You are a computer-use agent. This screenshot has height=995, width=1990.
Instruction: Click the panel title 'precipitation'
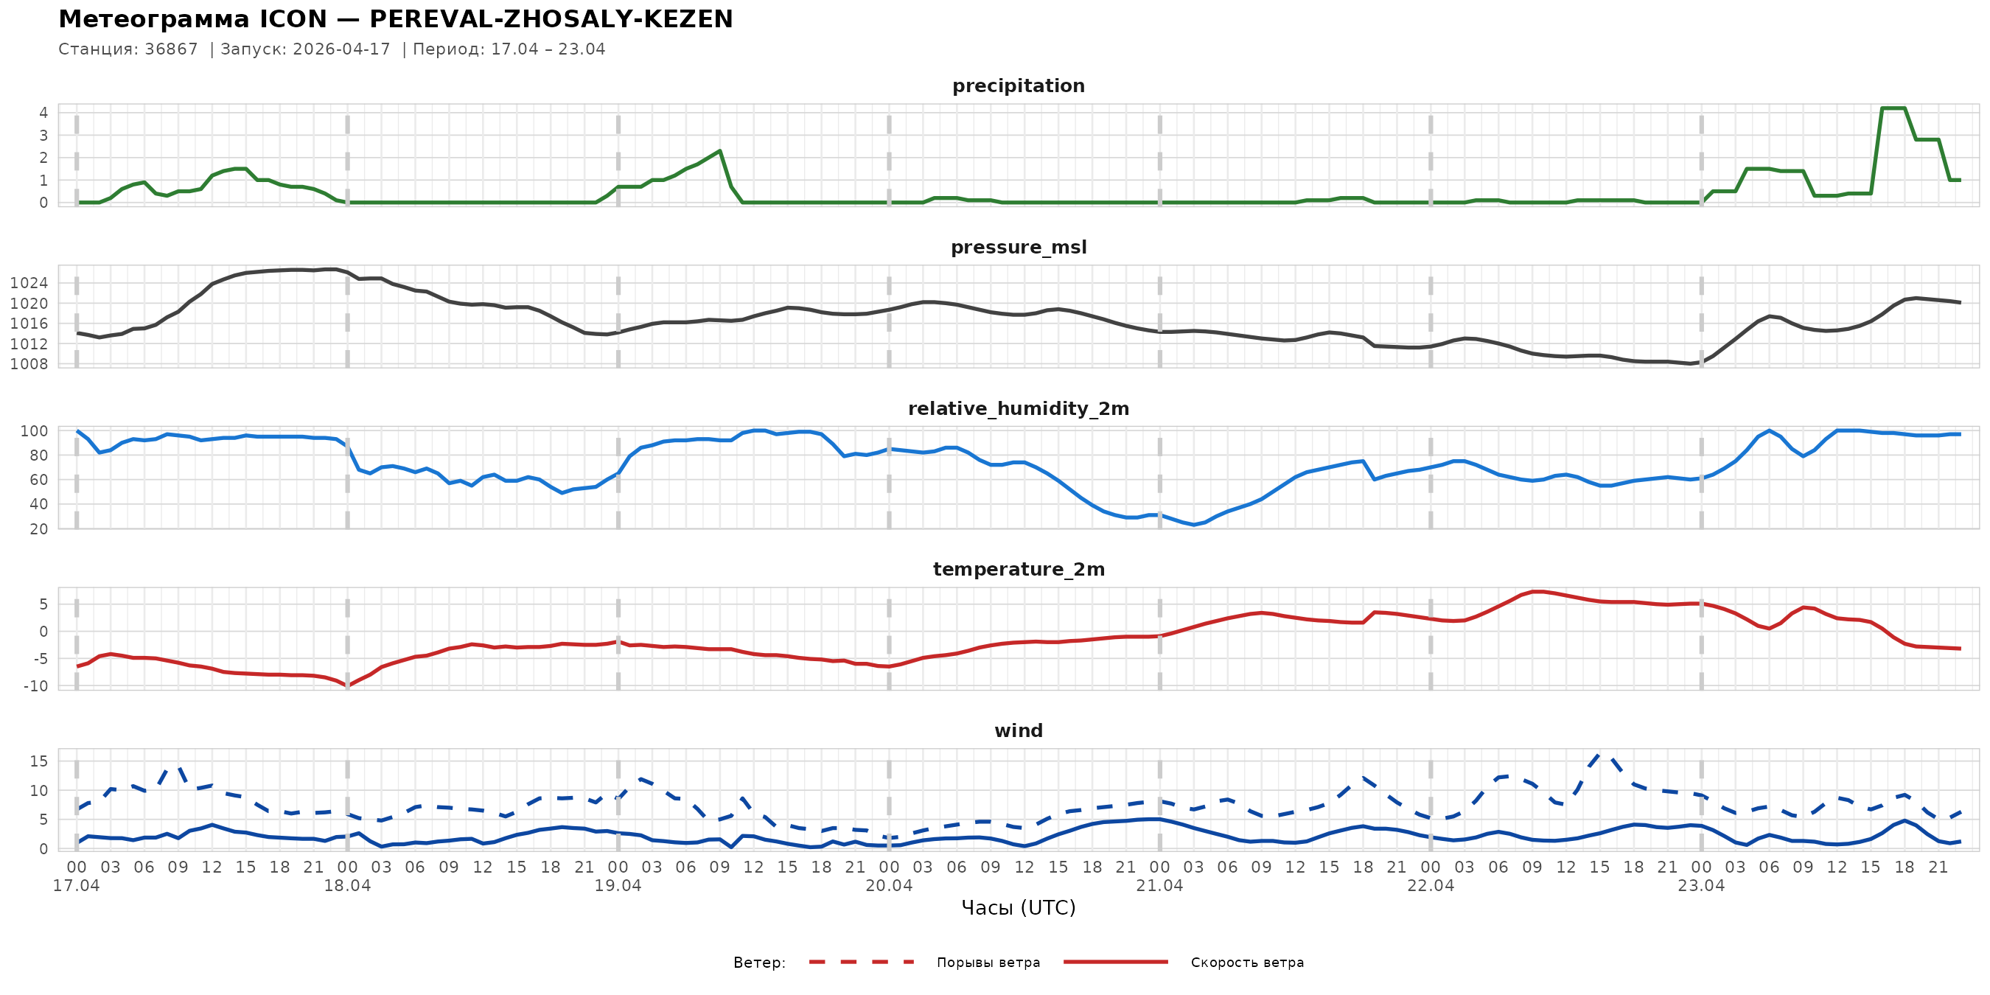[x=1018, y=85]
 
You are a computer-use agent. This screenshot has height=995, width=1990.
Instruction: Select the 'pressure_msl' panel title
[x=1018, y=247]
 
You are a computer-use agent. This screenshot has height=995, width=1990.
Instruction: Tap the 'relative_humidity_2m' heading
[x=1018, y=408]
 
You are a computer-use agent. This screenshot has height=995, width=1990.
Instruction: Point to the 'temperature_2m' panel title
[x=1018, y=569]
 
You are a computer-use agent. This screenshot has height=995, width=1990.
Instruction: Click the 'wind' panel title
[x=1018, y=731]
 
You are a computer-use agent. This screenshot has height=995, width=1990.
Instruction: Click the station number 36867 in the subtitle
[x=172, y=49]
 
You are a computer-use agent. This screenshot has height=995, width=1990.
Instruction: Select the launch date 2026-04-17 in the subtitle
[x=341, y=49]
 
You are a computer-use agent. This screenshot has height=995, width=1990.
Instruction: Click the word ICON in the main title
[x=293, y=19]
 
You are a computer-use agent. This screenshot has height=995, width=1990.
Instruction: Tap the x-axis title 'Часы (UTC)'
[x=1018, y=908]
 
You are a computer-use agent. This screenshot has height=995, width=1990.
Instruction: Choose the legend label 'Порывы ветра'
[x=988, y=963]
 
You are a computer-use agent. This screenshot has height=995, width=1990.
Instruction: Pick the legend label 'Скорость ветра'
[x=1247, y=963]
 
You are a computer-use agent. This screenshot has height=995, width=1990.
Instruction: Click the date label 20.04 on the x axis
[x=888, y=886]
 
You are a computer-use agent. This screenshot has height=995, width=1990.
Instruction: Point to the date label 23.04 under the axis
[x=1701, y=886]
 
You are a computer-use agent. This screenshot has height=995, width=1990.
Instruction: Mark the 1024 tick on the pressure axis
[x=29, y=283]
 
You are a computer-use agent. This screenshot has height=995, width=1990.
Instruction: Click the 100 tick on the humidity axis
[x=34, y=431]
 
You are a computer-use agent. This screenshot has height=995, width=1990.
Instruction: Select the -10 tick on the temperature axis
[x=35, y=686]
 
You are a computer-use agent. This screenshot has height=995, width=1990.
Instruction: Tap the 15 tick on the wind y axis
[x=38, y=761]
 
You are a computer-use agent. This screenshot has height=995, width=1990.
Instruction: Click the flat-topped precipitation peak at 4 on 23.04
[x=1893, y=108]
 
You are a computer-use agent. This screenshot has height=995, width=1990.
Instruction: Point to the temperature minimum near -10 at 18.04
[x=348, y=685]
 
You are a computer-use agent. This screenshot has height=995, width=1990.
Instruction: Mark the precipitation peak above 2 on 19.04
[x=720, y=151]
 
